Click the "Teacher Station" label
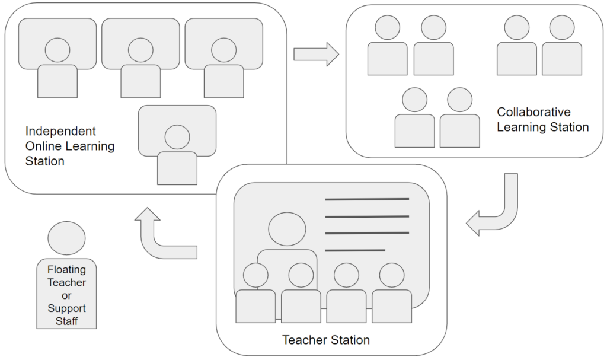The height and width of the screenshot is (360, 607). click(x=325, y=340)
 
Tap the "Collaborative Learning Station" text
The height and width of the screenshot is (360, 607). click(x=542, y=119)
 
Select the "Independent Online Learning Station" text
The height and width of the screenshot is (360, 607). click(x=70, y=146)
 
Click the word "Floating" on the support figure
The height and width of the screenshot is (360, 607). click(x=66, y=269)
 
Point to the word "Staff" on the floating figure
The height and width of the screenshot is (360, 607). click(x=66, y=321)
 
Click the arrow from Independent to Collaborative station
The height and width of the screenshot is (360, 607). click(x=315, y=55)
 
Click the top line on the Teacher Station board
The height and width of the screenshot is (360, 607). click(x=367, y=199)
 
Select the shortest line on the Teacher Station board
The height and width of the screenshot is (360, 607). click(x=355, y=250)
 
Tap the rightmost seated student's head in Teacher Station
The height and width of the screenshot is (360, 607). click(x=391, y=275)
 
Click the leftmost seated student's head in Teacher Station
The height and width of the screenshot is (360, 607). click(x=255, y=275)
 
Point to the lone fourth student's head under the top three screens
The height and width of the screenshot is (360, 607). click(x=177, y=137)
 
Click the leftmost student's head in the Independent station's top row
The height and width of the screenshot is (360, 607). click(x=57, y=50)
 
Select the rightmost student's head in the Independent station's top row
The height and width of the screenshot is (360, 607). click(x=223, y=50)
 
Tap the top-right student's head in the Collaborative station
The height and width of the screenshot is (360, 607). click(x=561, y=28)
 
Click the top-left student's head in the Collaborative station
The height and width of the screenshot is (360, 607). click(x=388, y=28)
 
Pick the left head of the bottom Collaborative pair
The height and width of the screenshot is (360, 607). click(x=414, y=100)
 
